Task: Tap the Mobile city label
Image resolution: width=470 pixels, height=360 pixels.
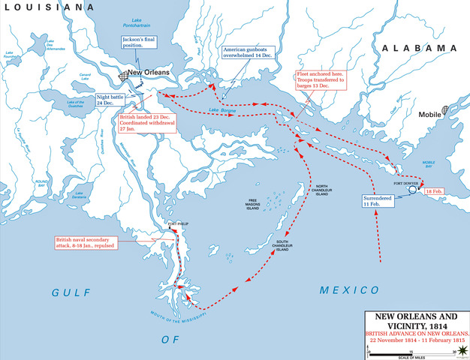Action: pos(429,115)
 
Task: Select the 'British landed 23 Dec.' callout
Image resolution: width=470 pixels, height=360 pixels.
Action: pos(147,123)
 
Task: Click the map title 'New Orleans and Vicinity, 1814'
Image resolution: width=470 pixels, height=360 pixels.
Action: pos(416,321)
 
